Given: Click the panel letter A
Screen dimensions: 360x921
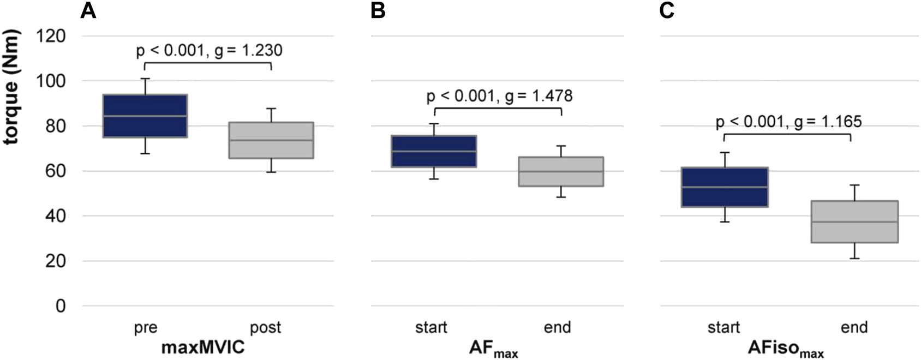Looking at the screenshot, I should click(88, 10).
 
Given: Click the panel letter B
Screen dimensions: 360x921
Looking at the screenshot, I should click(378, 10).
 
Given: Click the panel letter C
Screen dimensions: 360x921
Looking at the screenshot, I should click(667, 10).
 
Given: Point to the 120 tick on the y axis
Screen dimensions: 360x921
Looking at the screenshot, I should click(50, 37).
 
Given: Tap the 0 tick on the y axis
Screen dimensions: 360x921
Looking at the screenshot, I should click(61, 307).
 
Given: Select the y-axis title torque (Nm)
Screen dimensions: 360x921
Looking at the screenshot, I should click(11, 87).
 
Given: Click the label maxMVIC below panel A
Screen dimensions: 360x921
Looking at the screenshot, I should click(203, 347).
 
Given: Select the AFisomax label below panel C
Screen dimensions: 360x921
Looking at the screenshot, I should click(785, 349).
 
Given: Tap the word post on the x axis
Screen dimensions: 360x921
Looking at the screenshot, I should click(265, 328).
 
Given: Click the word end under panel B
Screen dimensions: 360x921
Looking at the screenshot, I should click(557, 327).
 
